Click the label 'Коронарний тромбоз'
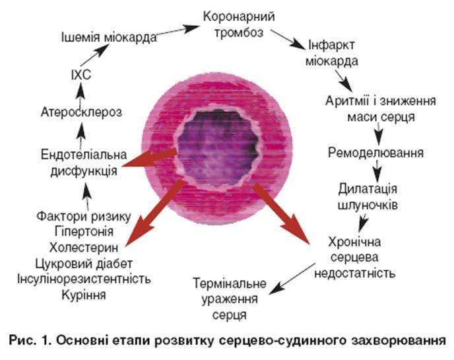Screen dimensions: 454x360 click(x=239, y=24)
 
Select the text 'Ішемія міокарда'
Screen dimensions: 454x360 click(x=109, y=38)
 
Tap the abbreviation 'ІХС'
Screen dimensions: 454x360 click(x=81, y=75)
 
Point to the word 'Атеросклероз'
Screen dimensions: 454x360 click(x=81, y=112)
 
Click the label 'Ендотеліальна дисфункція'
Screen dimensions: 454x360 click(x=84, y=162)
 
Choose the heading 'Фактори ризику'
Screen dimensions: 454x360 click(x=84, y=216)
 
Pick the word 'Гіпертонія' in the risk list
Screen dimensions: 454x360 click(x=84, y=232)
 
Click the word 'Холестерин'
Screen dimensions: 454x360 click(x=84, y=248)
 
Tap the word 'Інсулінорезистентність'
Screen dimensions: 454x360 click(x=84, y=279)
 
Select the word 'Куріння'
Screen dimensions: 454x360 click(x=84, y=295)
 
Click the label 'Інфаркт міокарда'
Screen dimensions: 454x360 click(x=332, y=53)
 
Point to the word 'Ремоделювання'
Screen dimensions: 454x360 click(x=375, y=153)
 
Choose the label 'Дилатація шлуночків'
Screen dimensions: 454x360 click(x=368, y=197)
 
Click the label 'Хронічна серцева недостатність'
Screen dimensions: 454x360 click(x=355, y=258)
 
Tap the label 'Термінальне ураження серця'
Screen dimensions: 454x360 click(x=230, y=299)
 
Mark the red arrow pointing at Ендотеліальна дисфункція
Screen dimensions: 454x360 click(x=150, y=159)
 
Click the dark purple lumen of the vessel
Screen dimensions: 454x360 click(x=217, y=148)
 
